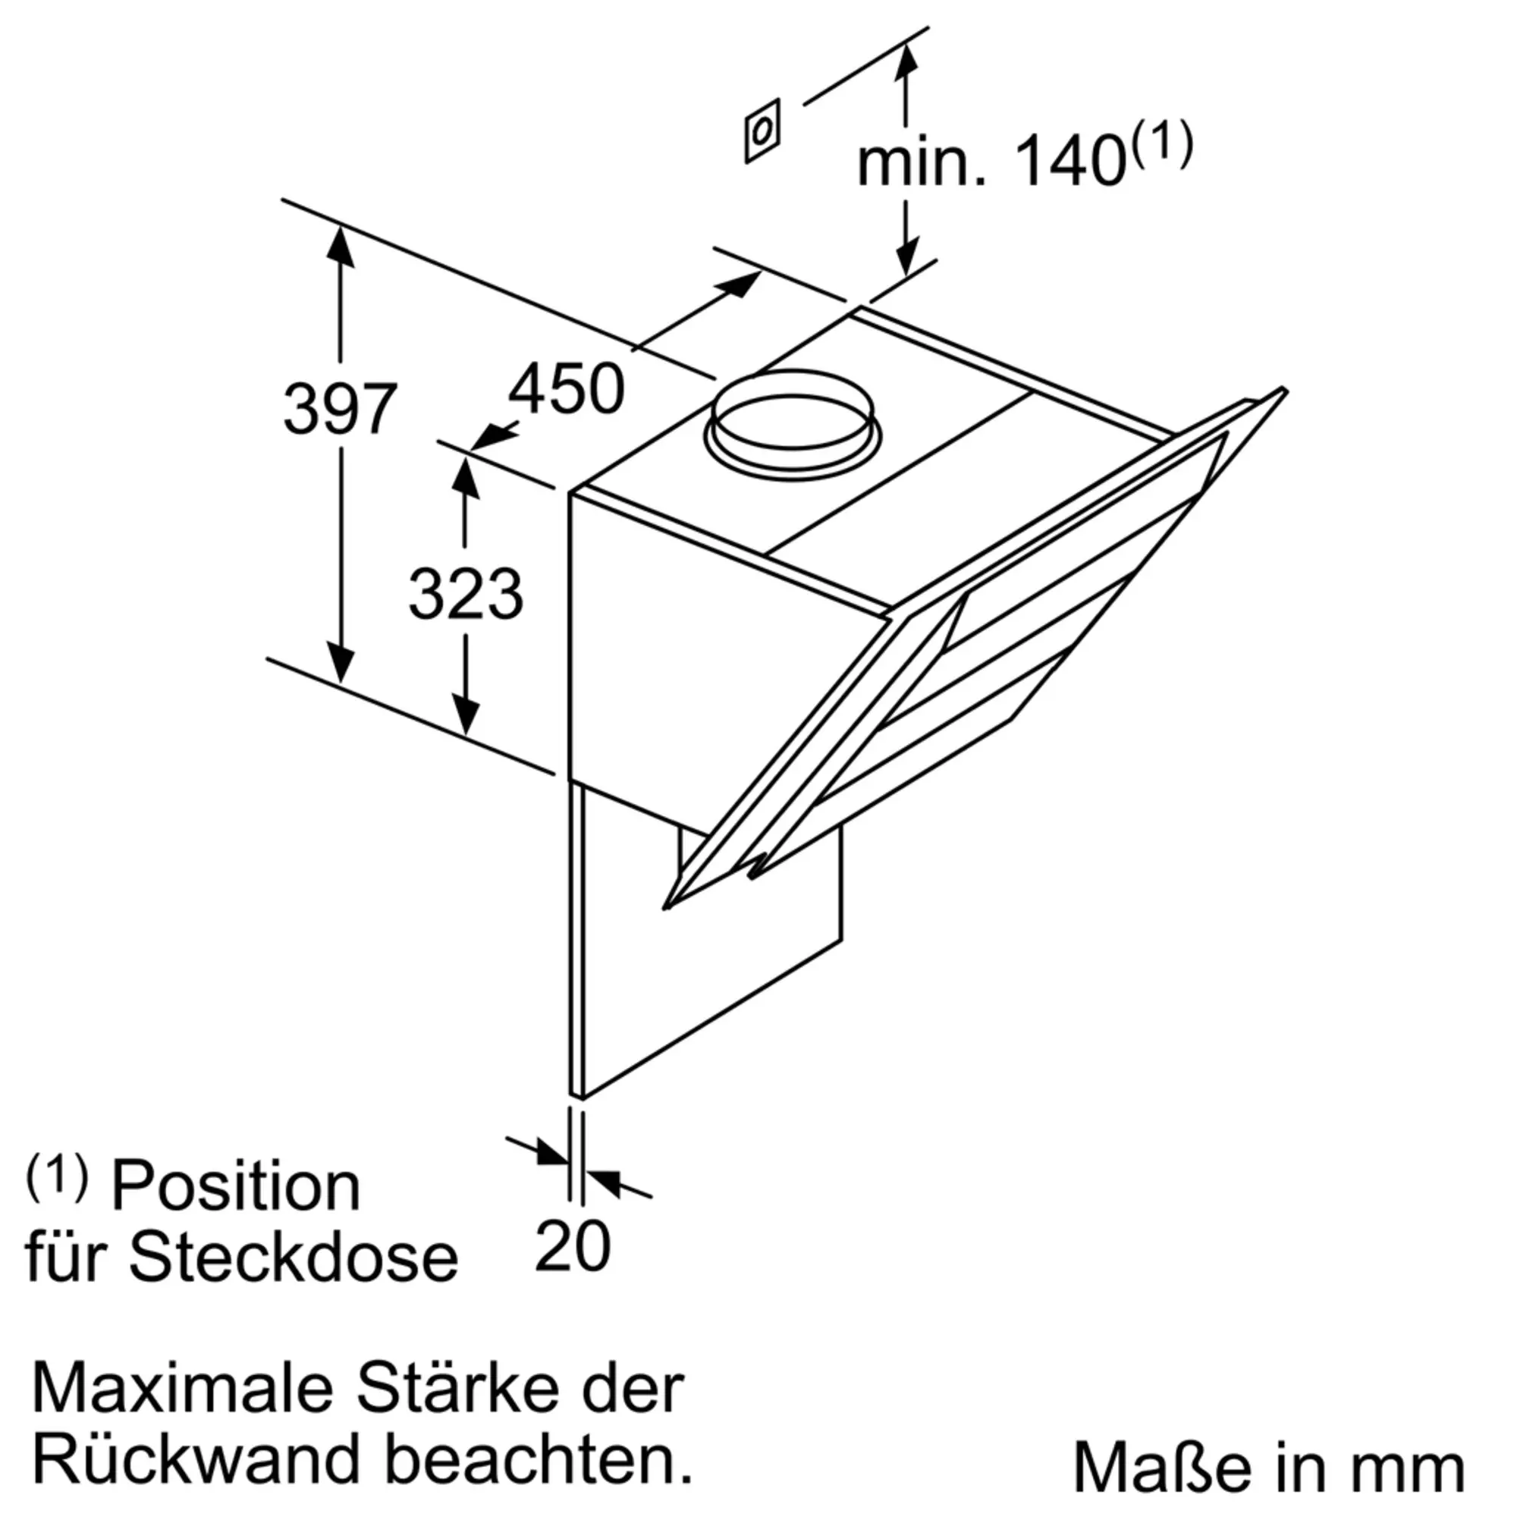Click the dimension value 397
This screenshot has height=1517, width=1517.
click(339, 409)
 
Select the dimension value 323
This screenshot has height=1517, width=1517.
click(466, 594)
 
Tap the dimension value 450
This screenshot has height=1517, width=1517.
click(566, 388)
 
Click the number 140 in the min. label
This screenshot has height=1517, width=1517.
click(1070, 162)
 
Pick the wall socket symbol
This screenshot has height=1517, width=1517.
click(762, 131)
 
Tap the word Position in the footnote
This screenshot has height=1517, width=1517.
click(236, 1186)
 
